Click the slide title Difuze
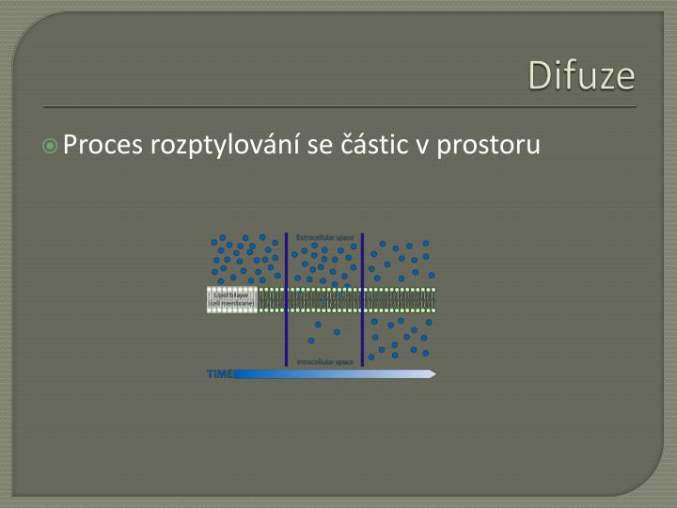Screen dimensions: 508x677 point(581,75)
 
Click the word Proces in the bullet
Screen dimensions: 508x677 point(102,146)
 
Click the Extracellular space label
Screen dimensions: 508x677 point(324,236)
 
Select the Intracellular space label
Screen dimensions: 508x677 point(324,361)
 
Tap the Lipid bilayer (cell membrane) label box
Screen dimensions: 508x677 point(231,299)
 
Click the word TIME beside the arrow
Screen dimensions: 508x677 point(220,374)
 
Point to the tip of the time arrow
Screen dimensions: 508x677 point(434,374)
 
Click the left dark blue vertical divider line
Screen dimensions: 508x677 point(286,299)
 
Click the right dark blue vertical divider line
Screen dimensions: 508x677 point(363,299)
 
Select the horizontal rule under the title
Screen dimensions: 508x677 point(338,106)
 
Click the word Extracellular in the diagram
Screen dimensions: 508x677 point(314,236)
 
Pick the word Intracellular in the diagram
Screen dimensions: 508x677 point(314,361)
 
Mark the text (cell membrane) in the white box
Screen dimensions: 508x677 point(231,304)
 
